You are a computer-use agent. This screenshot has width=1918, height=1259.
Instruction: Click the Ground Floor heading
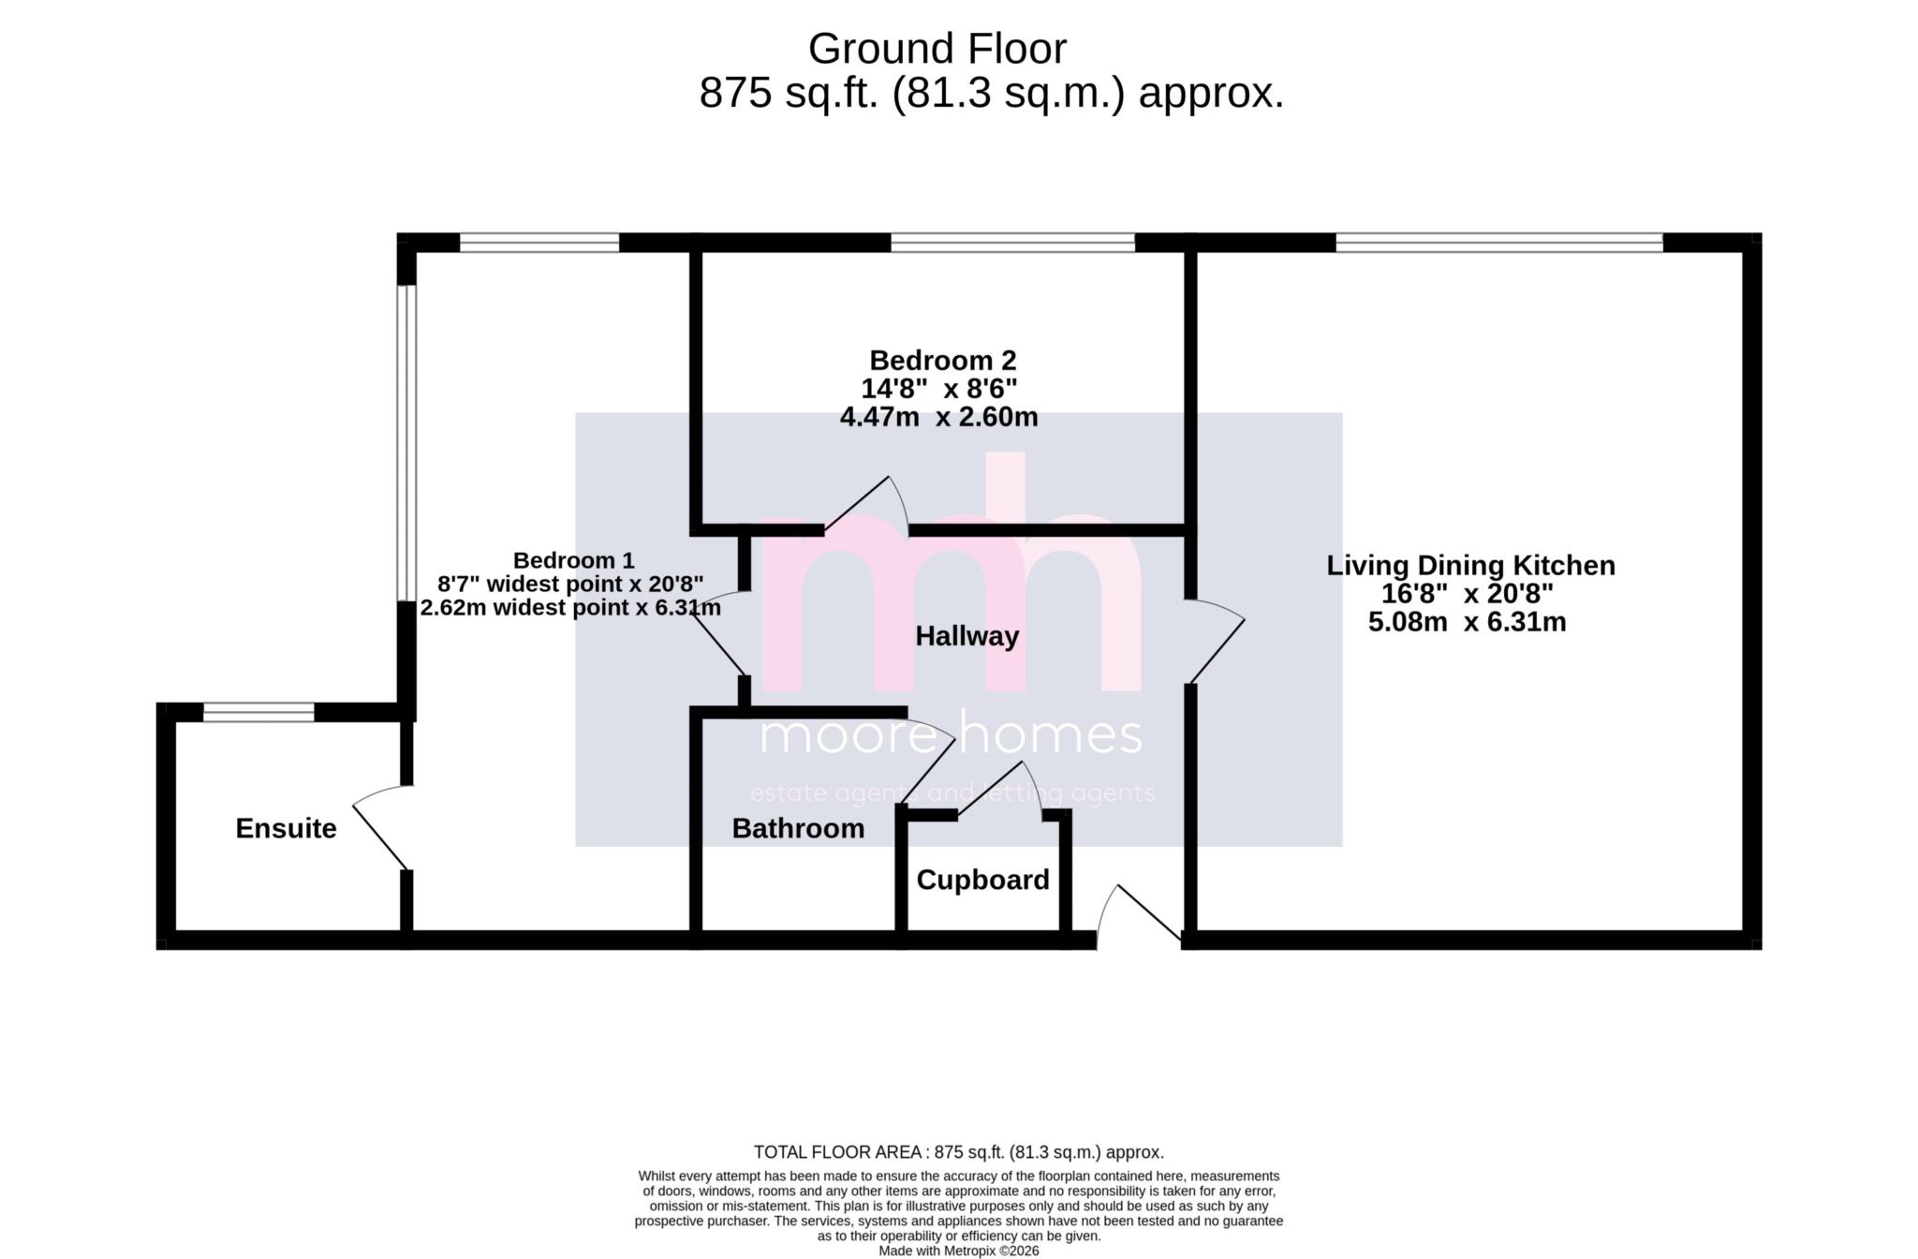[937, 49]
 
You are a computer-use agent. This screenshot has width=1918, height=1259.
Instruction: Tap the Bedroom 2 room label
[942, 361]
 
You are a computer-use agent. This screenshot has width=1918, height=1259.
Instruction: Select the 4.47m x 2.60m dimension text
[938, 417]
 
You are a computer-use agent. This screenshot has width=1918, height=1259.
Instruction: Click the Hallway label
[966, 637]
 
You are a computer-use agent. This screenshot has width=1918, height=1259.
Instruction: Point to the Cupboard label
[982, 881]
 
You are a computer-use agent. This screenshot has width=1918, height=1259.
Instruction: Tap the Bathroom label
[798, 829]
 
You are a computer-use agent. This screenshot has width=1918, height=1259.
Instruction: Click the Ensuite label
[286, 829]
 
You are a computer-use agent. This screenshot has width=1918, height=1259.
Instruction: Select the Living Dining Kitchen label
[1470, 566]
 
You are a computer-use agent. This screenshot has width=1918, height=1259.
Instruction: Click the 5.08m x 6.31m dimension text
[1467, 622]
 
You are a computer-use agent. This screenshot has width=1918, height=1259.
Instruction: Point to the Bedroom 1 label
[573, 561]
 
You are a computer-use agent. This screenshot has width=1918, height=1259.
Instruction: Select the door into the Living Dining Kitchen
[1216, 641]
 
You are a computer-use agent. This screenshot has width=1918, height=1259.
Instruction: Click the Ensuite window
[258, 713]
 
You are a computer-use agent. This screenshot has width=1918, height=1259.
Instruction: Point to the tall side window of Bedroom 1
[406, 442]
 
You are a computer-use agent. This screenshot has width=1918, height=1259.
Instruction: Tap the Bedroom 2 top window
[1011, 244]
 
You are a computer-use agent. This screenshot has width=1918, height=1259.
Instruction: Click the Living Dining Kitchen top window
[1498, 244]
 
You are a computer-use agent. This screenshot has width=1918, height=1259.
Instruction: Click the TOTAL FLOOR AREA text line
[958, 1152]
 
